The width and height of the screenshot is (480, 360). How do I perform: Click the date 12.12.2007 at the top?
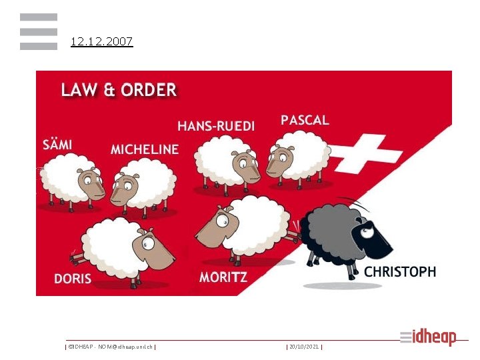pyautogui.click(x=102, y=42)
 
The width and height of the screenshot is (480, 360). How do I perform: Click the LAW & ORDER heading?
pyautogui.click(x=119, y=89)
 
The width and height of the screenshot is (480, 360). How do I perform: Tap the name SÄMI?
pyautogui.click(x=57, y=143)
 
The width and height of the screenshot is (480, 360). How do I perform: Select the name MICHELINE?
pyautogui.click(x=145, y=149)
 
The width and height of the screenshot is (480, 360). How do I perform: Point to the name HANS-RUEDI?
pyautogui.click(x=215, y=126)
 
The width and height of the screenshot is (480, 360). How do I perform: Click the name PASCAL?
pyautogui.click(x=305, y=120)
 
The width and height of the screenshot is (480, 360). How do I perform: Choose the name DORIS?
pyautogui.click(x=73, y=278)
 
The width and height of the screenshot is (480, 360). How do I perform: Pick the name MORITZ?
pyautogui.click(x=223, y=277)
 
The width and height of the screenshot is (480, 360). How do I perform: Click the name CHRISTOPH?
pyautogui.click(x=400, y=272)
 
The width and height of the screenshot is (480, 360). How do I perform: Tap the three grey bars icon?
pyautogui.click(x=39, y=31)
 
